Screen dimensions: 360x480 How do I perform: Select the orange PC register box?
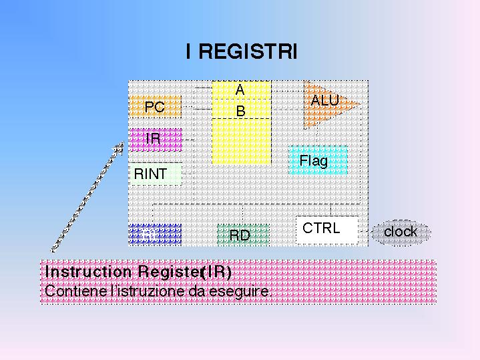coord(155,107)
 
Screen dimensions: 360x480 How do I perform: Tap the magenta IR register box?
coord(155,139)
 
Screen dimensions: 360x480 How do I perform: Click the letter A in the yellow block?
coord(240,89)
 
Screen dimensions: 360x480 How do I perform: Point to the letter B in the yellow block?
coord(240,112)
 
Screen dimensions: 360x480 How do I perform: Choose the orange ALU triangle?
coord(326,102)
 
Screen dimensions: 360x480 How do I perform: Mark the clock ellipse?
coord(401,232)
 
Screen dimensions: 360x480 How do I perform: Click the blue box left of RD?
coord(155,234)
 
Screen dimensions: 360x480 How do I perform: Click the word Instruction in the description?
coord(89,272)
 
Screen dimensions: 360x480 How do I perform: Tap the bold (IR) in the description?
coord(216,272)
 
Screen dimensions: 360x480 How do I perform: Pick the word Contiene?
coord(69,291)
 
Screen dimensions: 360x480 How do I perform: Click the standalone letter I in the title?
coord(190,52)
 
